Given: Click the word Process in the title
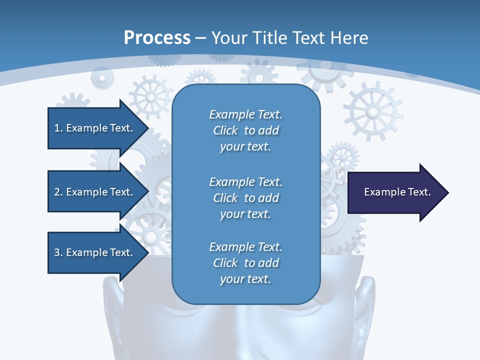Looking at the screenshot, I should pos(157,37).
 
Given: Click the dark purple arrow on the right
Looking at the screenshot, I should pos(395,192).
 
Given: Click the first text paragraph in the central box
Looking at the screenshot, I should pos(245,130).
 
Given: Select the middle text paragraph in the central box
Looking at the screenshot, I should pos(245,198).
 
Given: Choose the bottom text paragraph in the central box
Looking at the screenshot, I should pos(245,263).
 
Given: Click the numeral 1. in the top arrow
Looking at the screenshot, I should pos(58,128).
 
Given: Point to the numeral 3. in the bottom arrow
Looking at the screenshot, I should pos(58,252).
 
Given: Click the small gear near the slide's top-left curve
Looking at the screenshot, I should pos(102,78).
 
